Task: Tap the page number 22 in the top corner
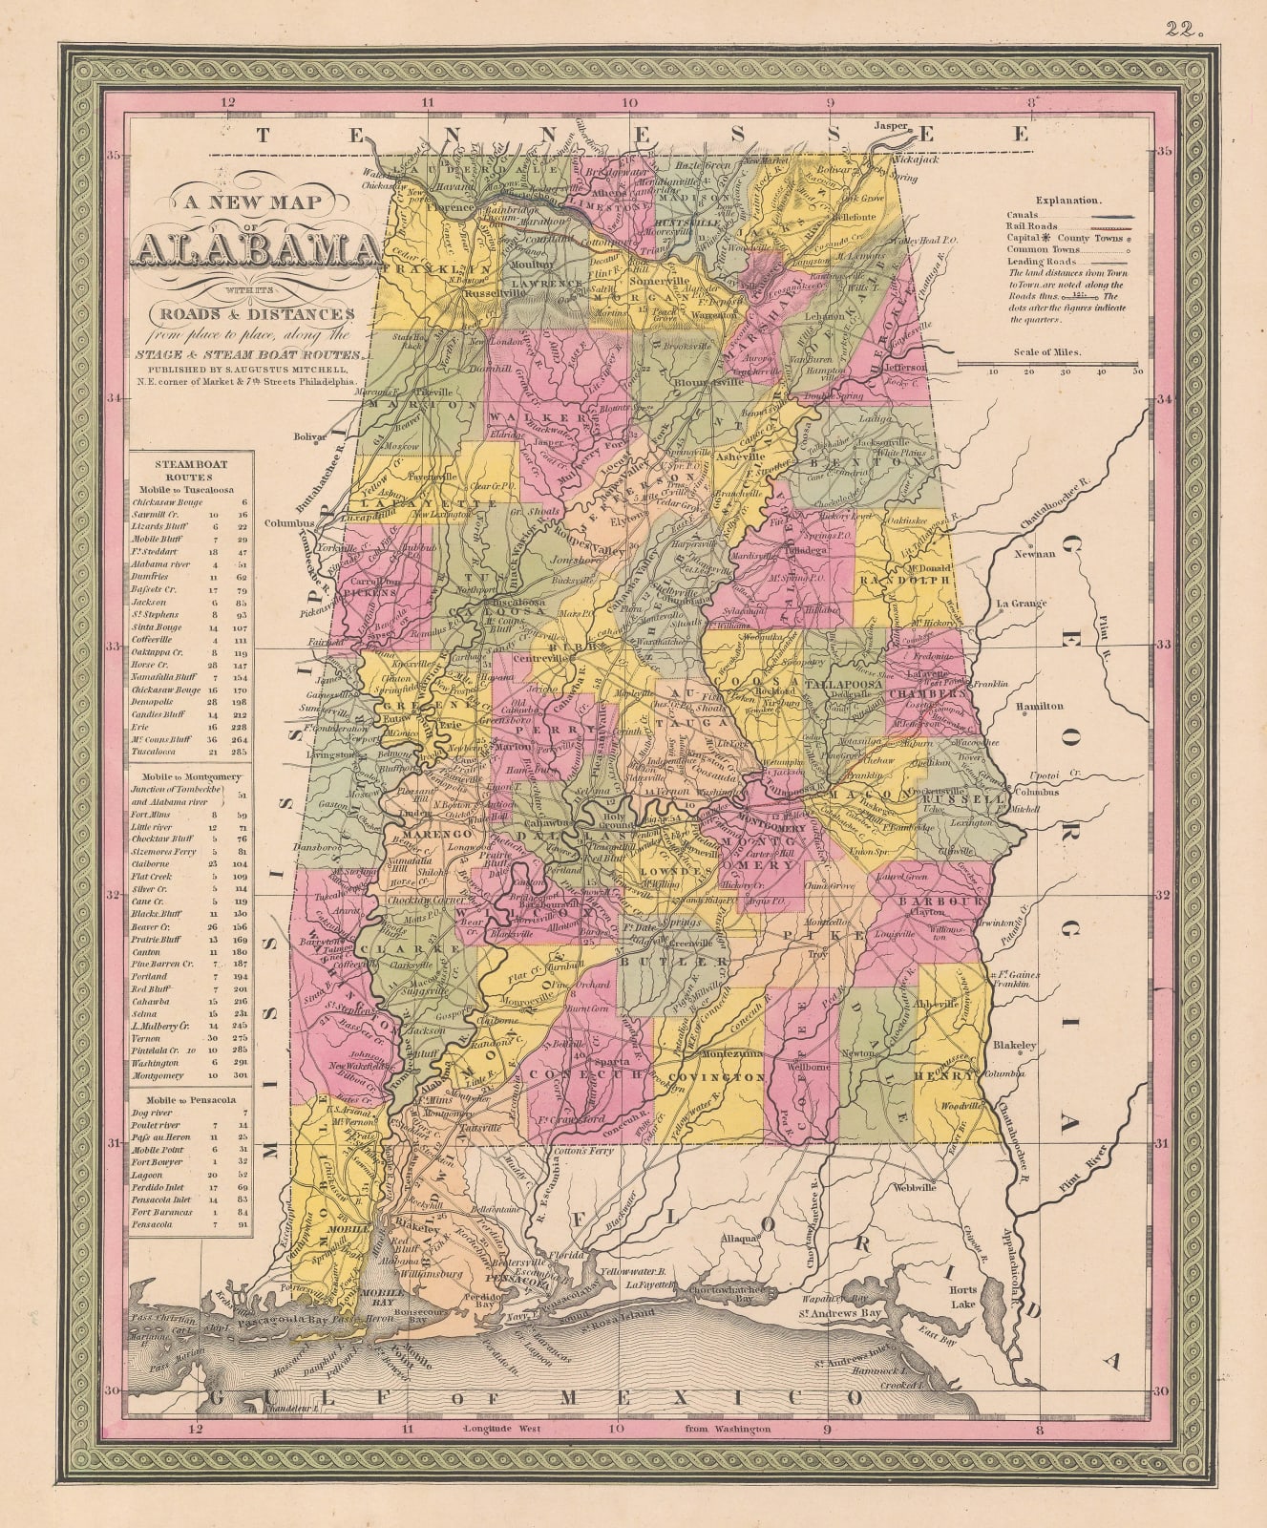click(x=1185, y=28)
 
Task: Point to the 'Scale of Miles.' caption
click(x=1048, y=351)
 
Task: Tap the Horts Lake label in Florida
click(x=963, y=1297)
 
